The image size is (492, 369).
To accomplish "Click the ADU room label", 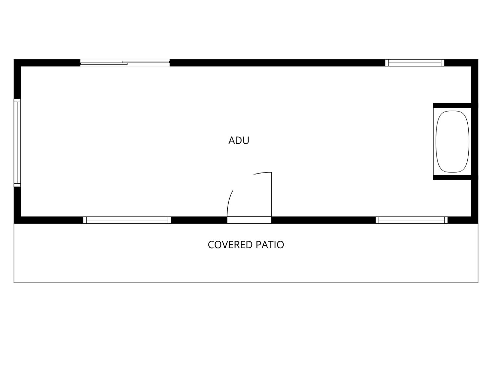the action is click(x=239, y=140).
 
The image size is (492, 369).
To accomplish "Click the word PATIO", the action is click(x=270, y=245).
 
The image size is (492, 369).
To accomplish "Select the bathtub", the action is click(x=452, y=142).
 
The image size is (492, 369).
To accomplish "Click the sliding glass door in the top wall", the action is click(x=125, y=63).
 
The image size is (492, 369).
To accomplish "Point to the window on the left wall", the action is click(x=17, y=143).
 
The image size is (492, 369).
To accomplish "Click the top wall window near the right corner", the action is click(x=415, y=63).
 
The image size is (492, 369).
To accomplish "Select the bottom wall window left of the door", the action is click(x=127, y=220).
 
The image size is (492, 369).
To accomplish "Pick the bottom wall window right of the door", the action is click(x=412, y=220).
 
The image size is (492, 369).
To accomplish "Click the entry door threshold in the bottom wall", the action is click(x=249, y=220).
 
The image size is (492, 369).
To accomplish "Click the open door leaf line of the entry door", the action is click(x=272, y=195).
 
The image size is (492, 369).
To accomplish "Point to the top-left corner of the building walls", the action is click(x=14, y=59).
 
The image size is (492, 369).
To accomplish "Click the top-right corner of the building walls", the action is click(x=478, y=59).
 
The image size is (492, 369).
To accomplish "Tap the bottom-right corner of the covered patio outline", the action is click(x=478, y=283).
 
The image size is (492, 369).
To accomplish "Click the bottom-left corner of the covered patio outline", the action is click(x=14, y=283).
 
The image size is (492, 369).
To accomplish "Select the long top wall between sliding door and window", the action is click(x=277, y=63).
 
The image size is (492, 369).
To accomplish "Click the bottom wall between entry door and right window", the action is click(x=324, y=220).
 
